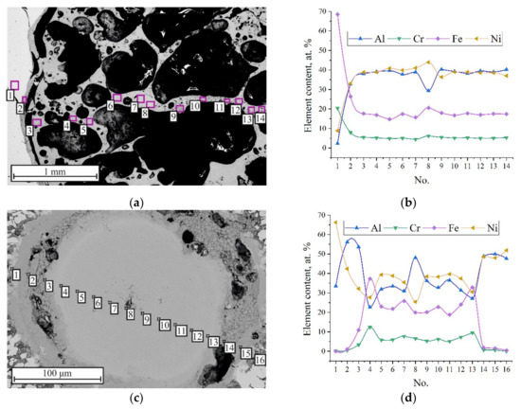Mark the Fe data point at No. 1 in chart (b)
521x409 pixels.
pos(337,14)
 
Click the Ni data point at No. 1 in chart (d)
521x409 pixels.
pos(336,222)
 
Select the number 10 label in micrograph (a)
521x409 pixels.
pos(193,107)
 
